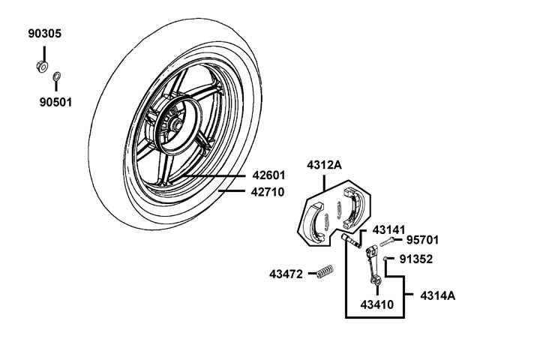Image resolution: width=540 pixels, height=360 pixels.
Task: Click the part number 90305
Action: (45, 34)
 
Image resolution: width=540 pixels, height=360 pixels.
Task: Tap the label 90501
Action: (55, 101)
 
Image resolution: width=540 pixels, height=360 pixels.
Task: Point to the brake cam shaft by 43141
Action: (350, 241)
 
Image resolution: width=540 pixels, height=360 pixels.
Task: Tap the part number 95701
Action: (423, 241)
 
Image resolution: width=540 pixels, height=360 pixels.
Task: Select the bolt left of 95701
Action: (388, 242)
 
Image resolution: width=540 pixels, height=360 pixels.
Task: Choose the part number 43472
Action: (286, 274)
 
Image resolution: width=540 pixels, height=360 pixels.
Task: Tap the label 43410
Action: (377, 305)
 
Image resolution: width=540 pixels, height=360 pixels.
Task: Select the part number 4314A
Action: (437, 295)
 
